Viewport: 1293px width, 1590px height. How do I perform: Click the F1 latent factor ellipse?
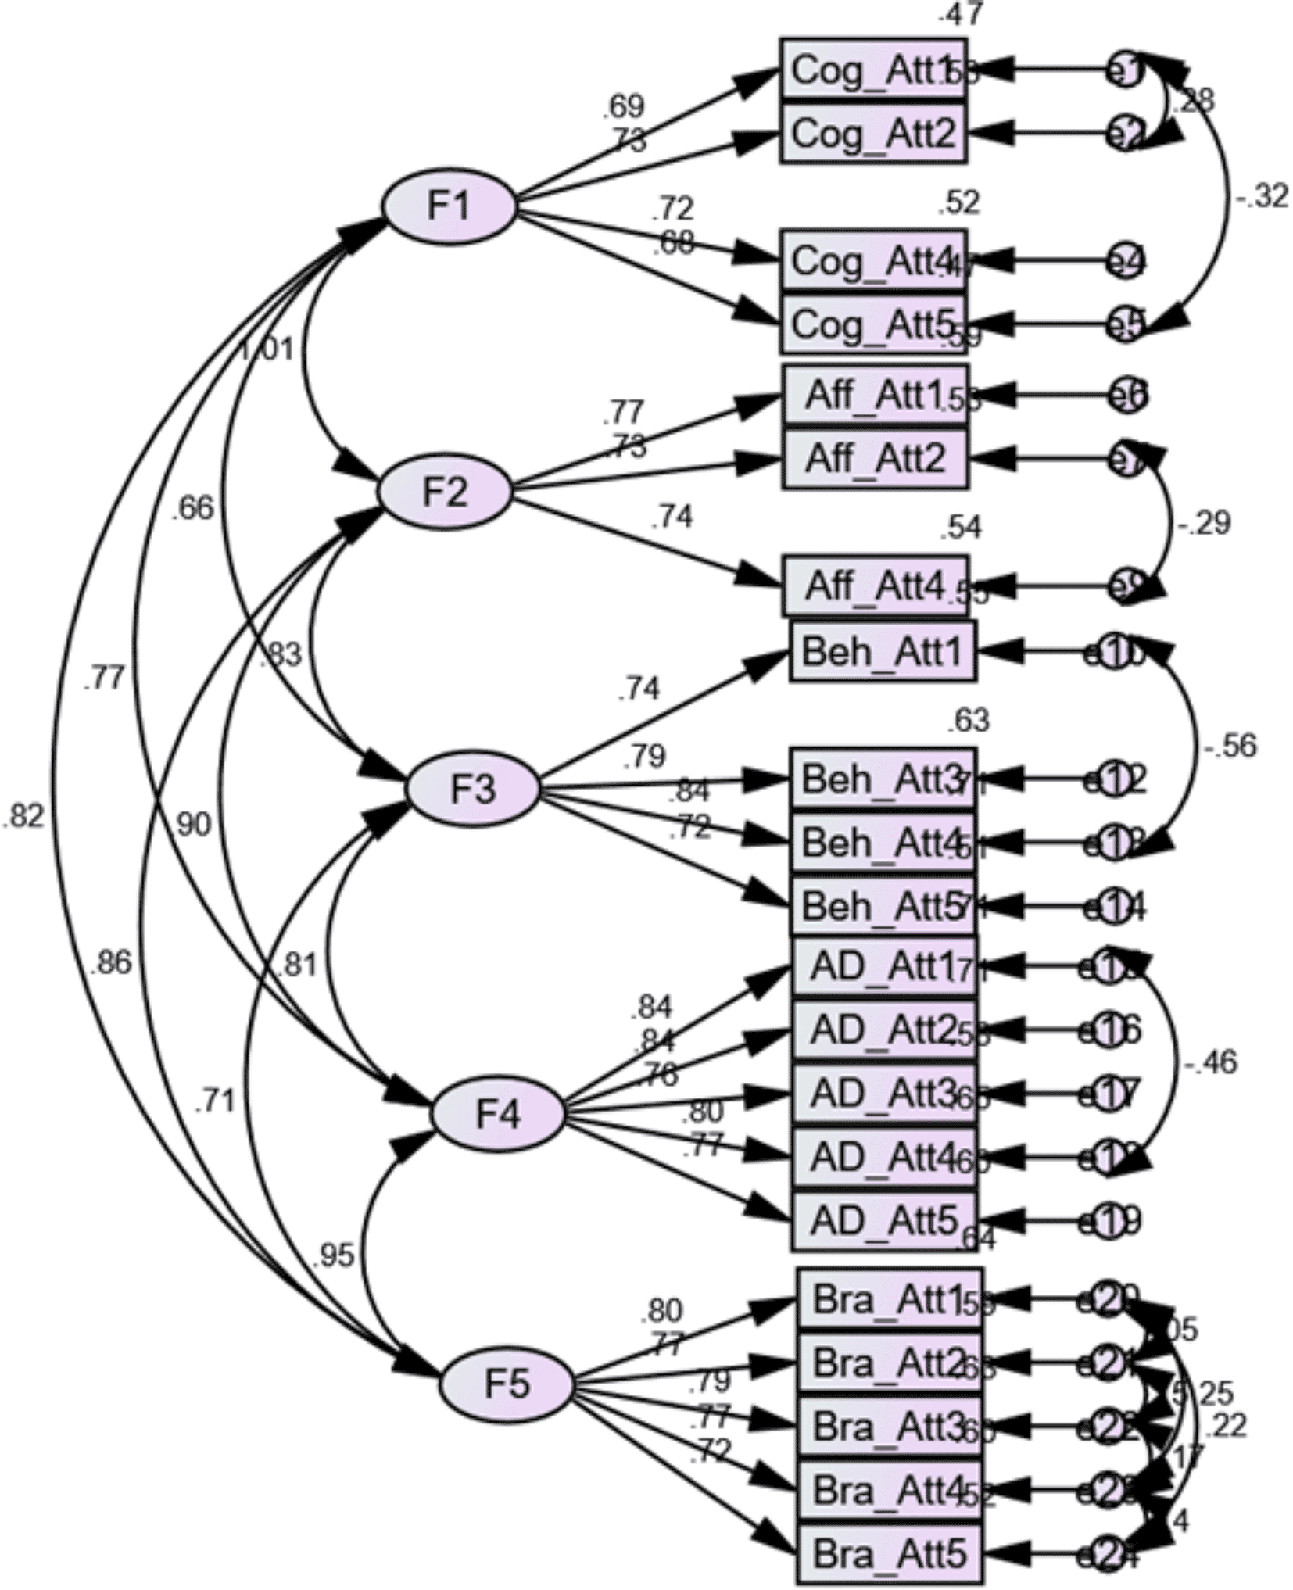pos(449,206)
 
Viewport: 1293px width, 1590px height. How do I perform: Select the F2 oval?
pos(445,492)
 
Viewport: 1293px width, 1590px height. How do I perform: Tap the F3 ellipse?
pos(472,789)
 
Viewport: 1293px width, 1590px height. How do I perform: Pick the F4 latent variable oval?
pos(497,1114)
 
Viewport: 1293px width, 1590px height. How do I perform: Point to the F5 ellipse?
pos(506,1384)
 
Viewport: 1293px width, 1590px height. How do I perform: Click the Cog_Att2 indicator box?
pos(873,134)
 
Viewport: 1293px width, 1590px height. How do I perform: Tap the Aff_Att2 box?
pos(875,459)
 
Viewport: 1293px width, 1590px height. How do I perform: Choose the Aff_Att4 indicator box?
pos(875,586)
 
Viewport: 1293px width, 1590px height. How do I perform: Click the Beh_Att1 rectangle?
pos(883,651)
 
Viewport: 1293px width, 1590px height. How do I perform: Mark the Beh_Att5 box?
pos(883,907)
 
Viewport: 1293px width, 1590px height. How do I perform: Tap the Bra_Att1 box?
pos(889,1299)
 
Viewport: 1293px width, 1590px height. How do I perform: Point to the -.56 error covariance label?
pos(1230,746)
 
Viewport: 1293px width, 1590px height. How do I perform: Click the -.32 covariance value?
pos(1261,195)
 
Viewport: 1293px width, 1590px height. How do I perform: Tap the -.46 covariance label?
pos(1210,1062)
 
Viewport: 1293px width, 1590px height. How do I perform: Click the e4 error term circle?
pos(1125,260)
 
